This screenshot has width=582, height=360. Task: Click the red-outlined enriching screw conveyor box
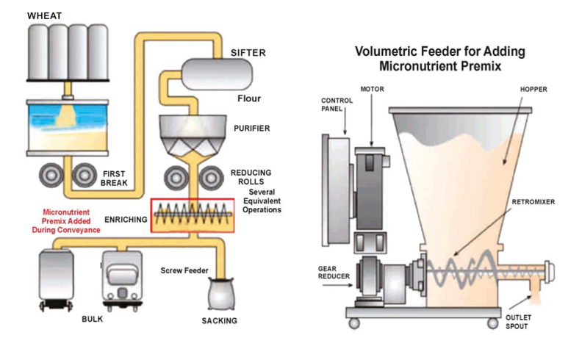(x=192, y=215)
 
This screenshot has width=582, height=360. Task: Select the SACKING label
(x=220, y=321)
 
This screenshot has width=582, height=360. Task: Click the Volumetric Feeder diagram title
(x=438, y=59)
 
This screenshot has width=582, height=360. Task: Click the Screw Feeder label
(x=184, y=270)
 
